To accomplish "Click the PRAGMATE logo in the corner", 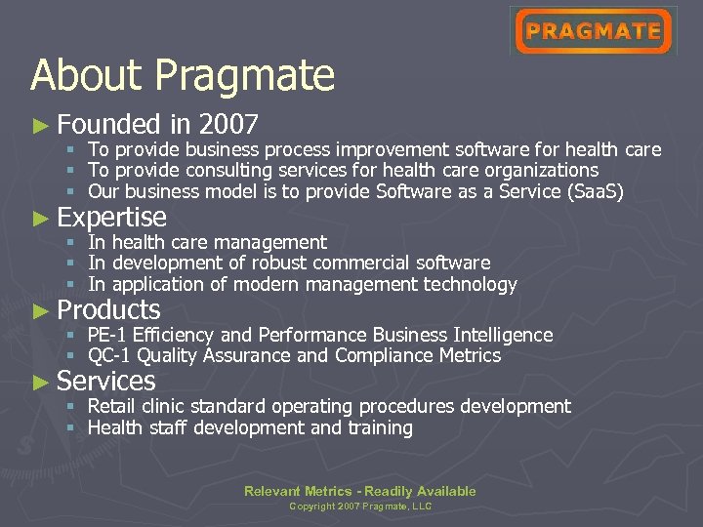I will pyautogui.click(x=593, y=31).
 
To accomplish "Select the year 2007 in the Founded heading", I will pyautogui.click(x=227, y=124).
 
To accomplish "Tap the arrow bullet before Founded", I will pyautogui.click(x=40, y=125).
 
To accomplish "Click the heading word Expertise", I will pyautogui.click(x=111, y=217).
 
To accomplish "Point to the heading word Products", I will pyautogui.click(x=108, y=310).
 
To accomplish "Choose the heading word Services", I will pyautogui.click(x=106, y=381).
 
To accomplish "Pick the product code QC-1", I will pyautogui.click(x=108, y=356).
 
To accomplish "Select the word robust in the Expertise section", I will pyautogui.click(x=278, y=263).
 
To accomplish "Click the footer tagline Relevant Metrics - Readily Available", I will pyautogui.click(x=359, y=491).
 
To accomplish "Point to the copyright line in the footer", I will pyautogui.click(x=359, y=507).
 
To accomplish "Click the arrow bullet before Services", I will pyautogui.click(x=40, y=382).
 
